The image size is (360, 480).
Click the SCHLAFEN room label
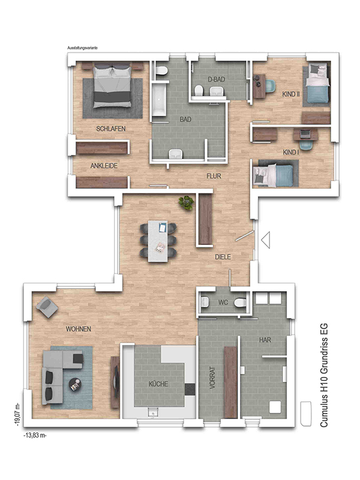111,129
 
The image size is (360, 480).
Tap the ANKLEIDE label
104,166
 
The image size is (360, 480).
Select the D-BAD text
217,80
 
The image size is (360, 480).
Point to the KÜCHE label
158,384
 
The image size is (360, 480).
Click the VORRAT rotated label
212,378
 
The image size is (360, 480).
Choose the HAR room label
265,340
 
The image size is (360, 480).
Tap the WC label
223,302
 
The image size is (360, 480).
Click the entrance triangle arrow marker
266,240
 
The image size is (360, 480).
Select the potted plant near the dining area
187,203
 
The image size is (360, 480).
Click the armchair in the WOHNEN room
47,307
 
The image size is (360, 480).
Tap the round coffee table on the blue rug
75,385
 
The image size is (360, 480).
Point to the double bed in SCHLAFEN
112,86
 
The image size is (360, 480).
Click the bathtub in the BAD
159,98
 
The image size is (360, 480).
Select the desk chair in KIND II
269,86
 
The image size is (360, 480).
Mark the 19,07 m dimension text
18,415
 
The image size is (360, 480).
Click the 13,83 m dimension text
35,436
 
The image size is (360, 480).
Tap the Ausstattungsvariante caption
82,48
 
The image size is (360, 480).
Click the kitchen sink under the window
152,412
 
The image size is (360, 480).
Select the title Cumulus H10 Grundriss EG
324,376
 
